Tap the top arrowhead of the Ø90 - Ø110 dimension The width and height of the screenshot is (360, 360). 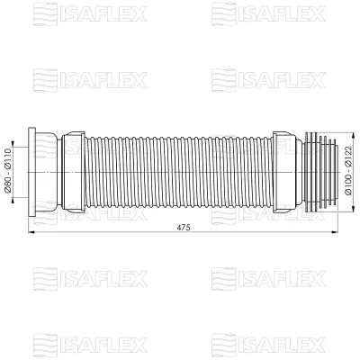(17, 134)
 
